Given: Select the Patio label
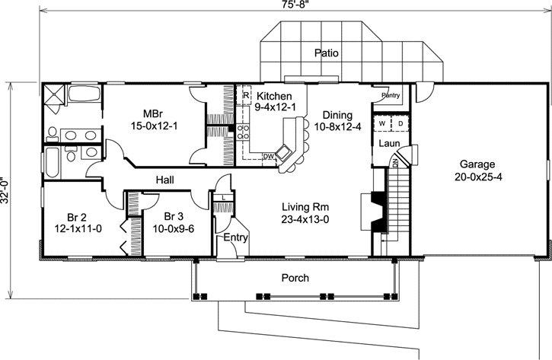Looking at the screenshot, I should [x=329, y=53].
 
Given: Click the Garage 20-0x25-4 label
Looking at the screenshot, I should [x=477, y=170].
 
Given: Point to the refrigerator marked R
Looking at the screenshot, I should [x=246, y=97].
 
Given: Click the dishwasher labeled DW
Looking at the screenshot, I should [x=268, y=156].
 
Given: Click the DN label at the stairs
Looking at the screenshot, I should [x=395, y=163].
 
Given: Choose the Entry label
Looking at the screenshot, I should [x=235, y=238].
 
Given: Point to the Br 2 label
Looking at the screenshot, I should [x=71, y=215].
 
